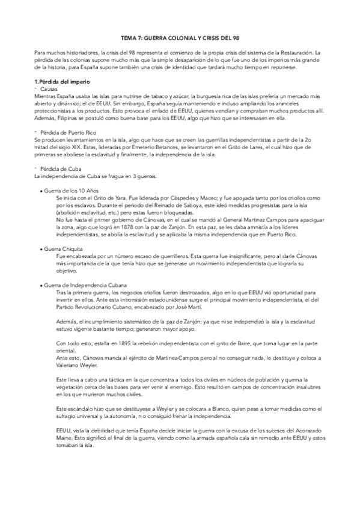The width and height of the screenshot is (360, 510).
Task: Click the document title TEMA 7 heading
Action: coord(180,37)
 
